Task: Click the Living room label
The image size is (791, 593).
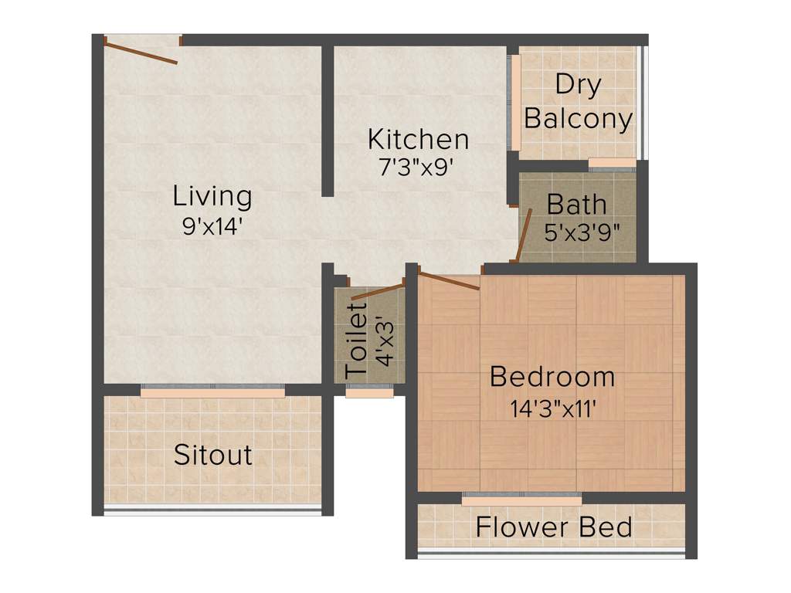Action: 212,196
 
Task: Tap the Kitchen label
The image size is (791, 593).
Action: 418,140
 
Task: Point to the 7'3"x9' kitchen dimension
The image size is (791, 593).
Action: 418,168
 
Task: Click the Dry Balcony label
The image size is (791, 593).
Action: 578,102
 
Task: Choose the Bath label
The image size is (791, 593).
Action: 576,205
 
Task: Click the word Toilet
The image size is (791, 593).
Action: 356,341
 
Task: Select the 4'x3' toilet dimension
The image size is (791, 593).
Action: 384,341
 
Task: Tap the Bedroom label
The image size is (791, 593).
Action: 552,378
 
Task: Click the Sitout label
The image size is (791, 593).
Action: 212,455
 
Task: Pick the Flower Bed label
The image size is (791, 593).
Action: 554,527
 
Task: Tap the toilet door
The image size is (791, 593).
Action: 377,291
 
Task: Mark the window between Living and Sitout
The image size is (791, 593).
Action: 212,392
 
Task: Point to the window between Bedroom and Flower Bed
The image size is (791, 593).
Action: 521,500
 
